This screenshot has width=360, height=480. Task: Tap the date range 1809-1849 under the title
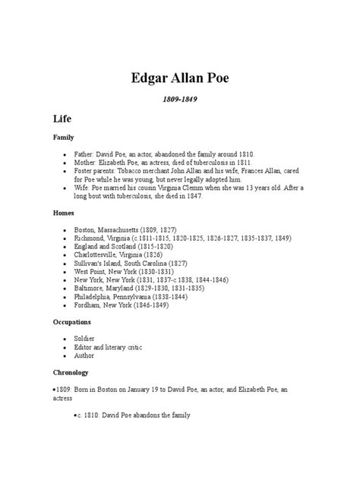click(180, 99)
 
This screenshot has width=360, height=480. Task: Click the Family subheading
click(63, 137)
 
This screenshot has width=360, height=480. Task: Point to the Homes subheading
click(64, 213)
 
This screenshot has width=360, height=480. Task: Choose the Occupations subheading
click(73, 322)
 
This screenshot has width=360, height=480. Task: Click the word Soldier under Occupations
click(85, 338)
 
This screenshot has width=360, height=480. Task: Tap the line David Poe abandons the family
click(134, 415)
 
